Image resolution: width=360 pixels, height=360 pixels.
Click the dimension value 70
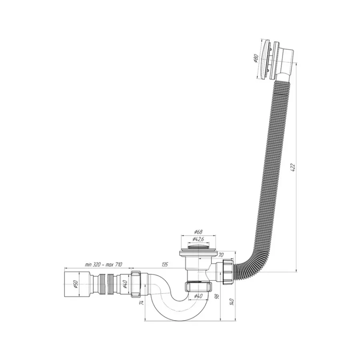220,254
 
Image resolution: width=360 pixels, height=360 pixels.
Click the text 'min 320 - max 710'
104,264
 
